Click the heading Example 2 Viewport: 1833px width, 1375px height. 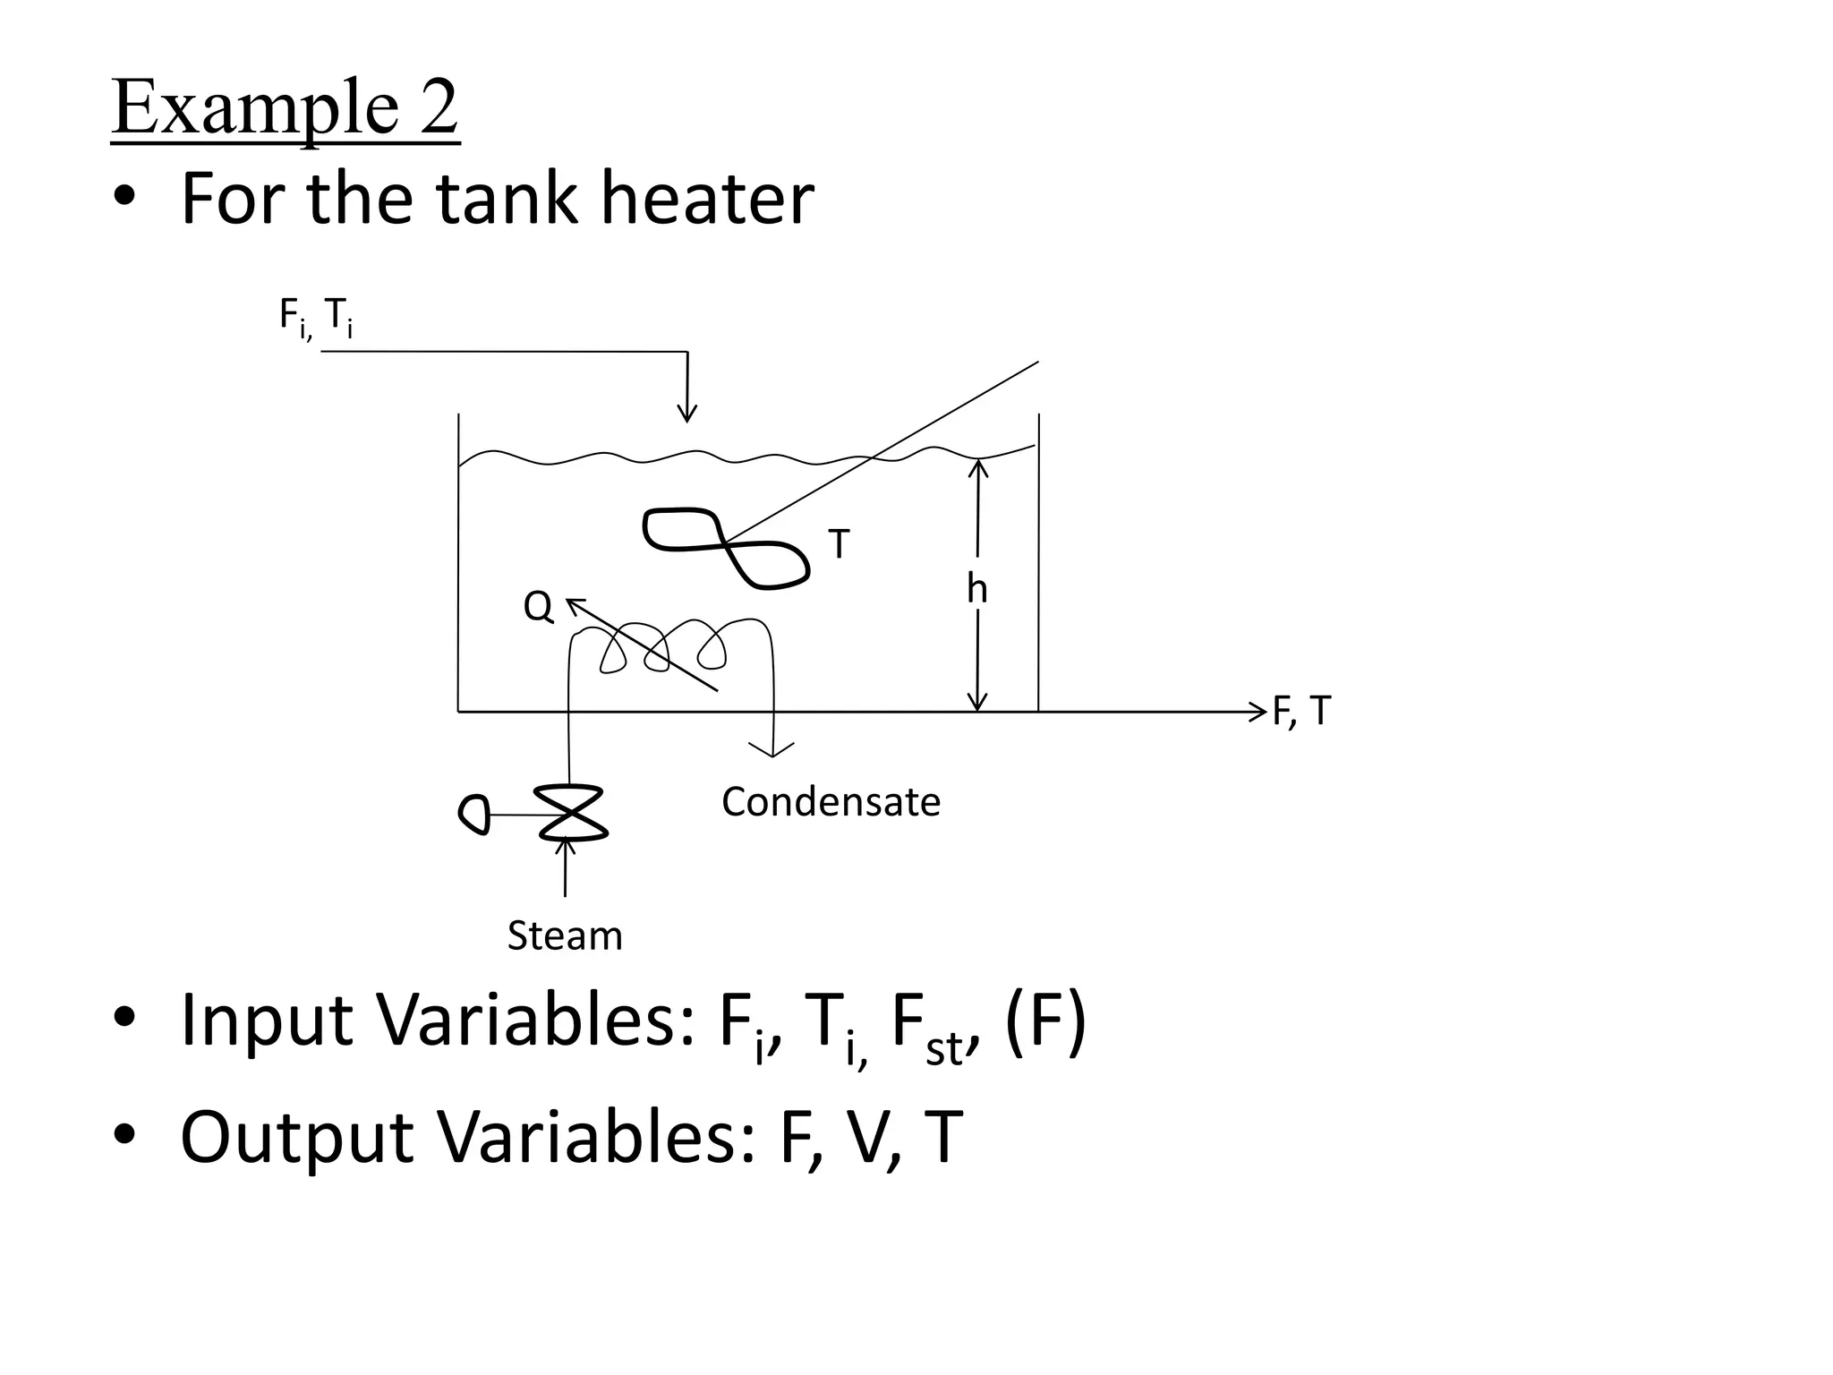tap(285, 108)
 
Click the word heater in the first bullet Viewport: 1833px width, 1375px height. tap(707, 199)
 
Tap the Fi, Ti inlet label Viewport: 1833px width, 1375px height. tap(315, 317)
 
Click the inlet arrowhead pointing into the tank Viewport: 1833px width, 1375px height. tap(686, 413)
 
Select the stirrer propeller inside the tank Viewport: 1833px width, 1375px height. tap(726, 545)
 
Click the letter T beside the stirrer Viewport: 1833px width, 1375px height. tap(839, 543)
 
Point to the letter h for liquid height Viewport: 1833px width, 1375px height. tap(976, 589)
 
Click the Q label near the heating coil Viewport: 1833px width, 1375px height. tap(538, 607)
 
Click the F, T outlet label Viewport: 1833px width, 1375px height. tap(1302, 712)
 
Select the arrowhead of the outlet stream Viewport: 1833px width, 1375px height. tap(1259, 713)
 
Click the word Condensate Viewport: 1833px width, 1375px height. tap(831, 802)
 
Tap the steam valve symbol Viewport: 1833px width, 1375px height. tap(572, 813)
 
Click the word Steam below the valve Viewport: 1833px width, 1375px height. tap(565, 936)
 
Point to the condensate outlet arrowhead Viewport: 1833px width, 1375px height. tap(772, 749)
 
